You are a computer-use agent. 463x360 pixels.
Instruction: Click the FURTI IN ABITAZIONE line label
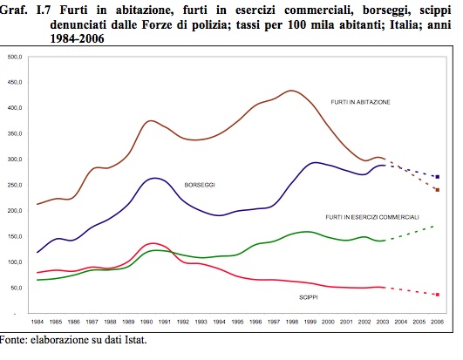(360, 102)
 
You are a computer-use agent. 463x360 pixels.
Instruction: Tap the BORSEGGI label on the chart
(200, 185)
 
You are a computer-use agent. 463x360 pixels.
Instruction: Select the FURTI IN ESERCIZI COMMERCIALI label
(372, 217)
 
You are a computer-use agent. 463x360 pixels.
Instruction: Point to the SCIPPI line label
(309, 297)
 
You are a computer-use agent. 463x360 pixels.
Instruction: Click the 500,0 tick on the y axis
(15, 57)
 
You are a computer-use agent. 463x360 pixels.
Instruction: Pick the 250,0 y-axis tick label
(15, 185)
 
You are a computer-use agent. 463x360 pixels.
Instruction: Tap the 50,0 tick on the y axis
(17, 288)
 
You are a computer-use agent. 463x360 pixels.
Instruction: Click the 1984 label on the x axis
(37, 322)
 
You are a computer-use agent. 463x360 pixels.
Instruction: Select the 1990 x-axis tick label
(146, 322)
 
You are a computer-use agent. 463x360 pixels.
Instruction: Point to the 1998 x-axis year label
(292, 322)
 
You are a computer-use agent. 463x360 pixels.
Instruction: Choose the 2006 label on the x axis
(438, 322)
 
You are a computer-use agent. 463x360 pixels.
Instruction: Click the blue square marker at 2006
(438, 177)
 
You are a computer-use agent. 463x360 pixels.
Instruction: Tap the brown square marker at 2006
(438, 190)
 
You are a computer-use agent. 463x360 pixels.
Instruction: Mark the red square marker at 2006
(438, 295)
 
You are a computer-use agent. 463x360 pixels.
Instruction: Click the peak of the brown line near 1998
(291, 91)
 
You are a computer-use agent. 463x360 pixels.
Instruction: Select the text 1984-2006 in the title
(77, 38)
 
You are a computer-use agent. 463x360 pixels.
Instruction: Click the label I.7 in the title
(44, 10)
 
